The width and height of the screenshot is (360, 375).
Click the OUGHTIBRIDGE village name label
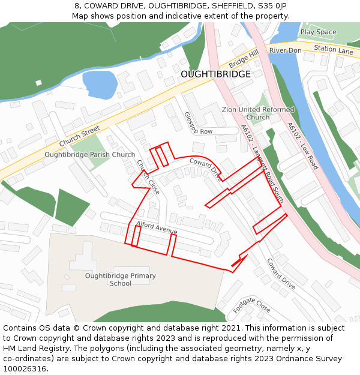click(215, 74)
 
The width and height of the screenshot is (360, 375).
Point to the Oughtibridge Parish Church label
click(90, 155)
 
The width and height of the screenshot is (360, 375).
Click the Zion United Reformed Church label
click(258, 113)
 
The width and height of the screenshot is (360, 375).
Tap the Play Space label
click(318, 32)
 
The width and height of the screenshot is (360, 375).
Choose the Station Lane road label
click(334, 50)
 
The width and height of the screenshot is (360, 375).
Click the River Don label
click(285, 50)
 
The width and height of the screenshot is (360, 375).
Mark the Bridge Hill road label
click(243, 59)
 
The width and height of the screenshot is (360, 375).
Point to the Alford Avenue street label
click(157, 228)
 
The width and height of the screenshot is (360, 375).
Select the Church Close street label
click(148, 177)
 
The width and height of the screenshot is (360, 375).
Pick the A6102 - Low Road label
click(302, 146)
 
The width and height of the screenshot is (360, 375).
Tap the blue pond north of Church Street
click(100, 84)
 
